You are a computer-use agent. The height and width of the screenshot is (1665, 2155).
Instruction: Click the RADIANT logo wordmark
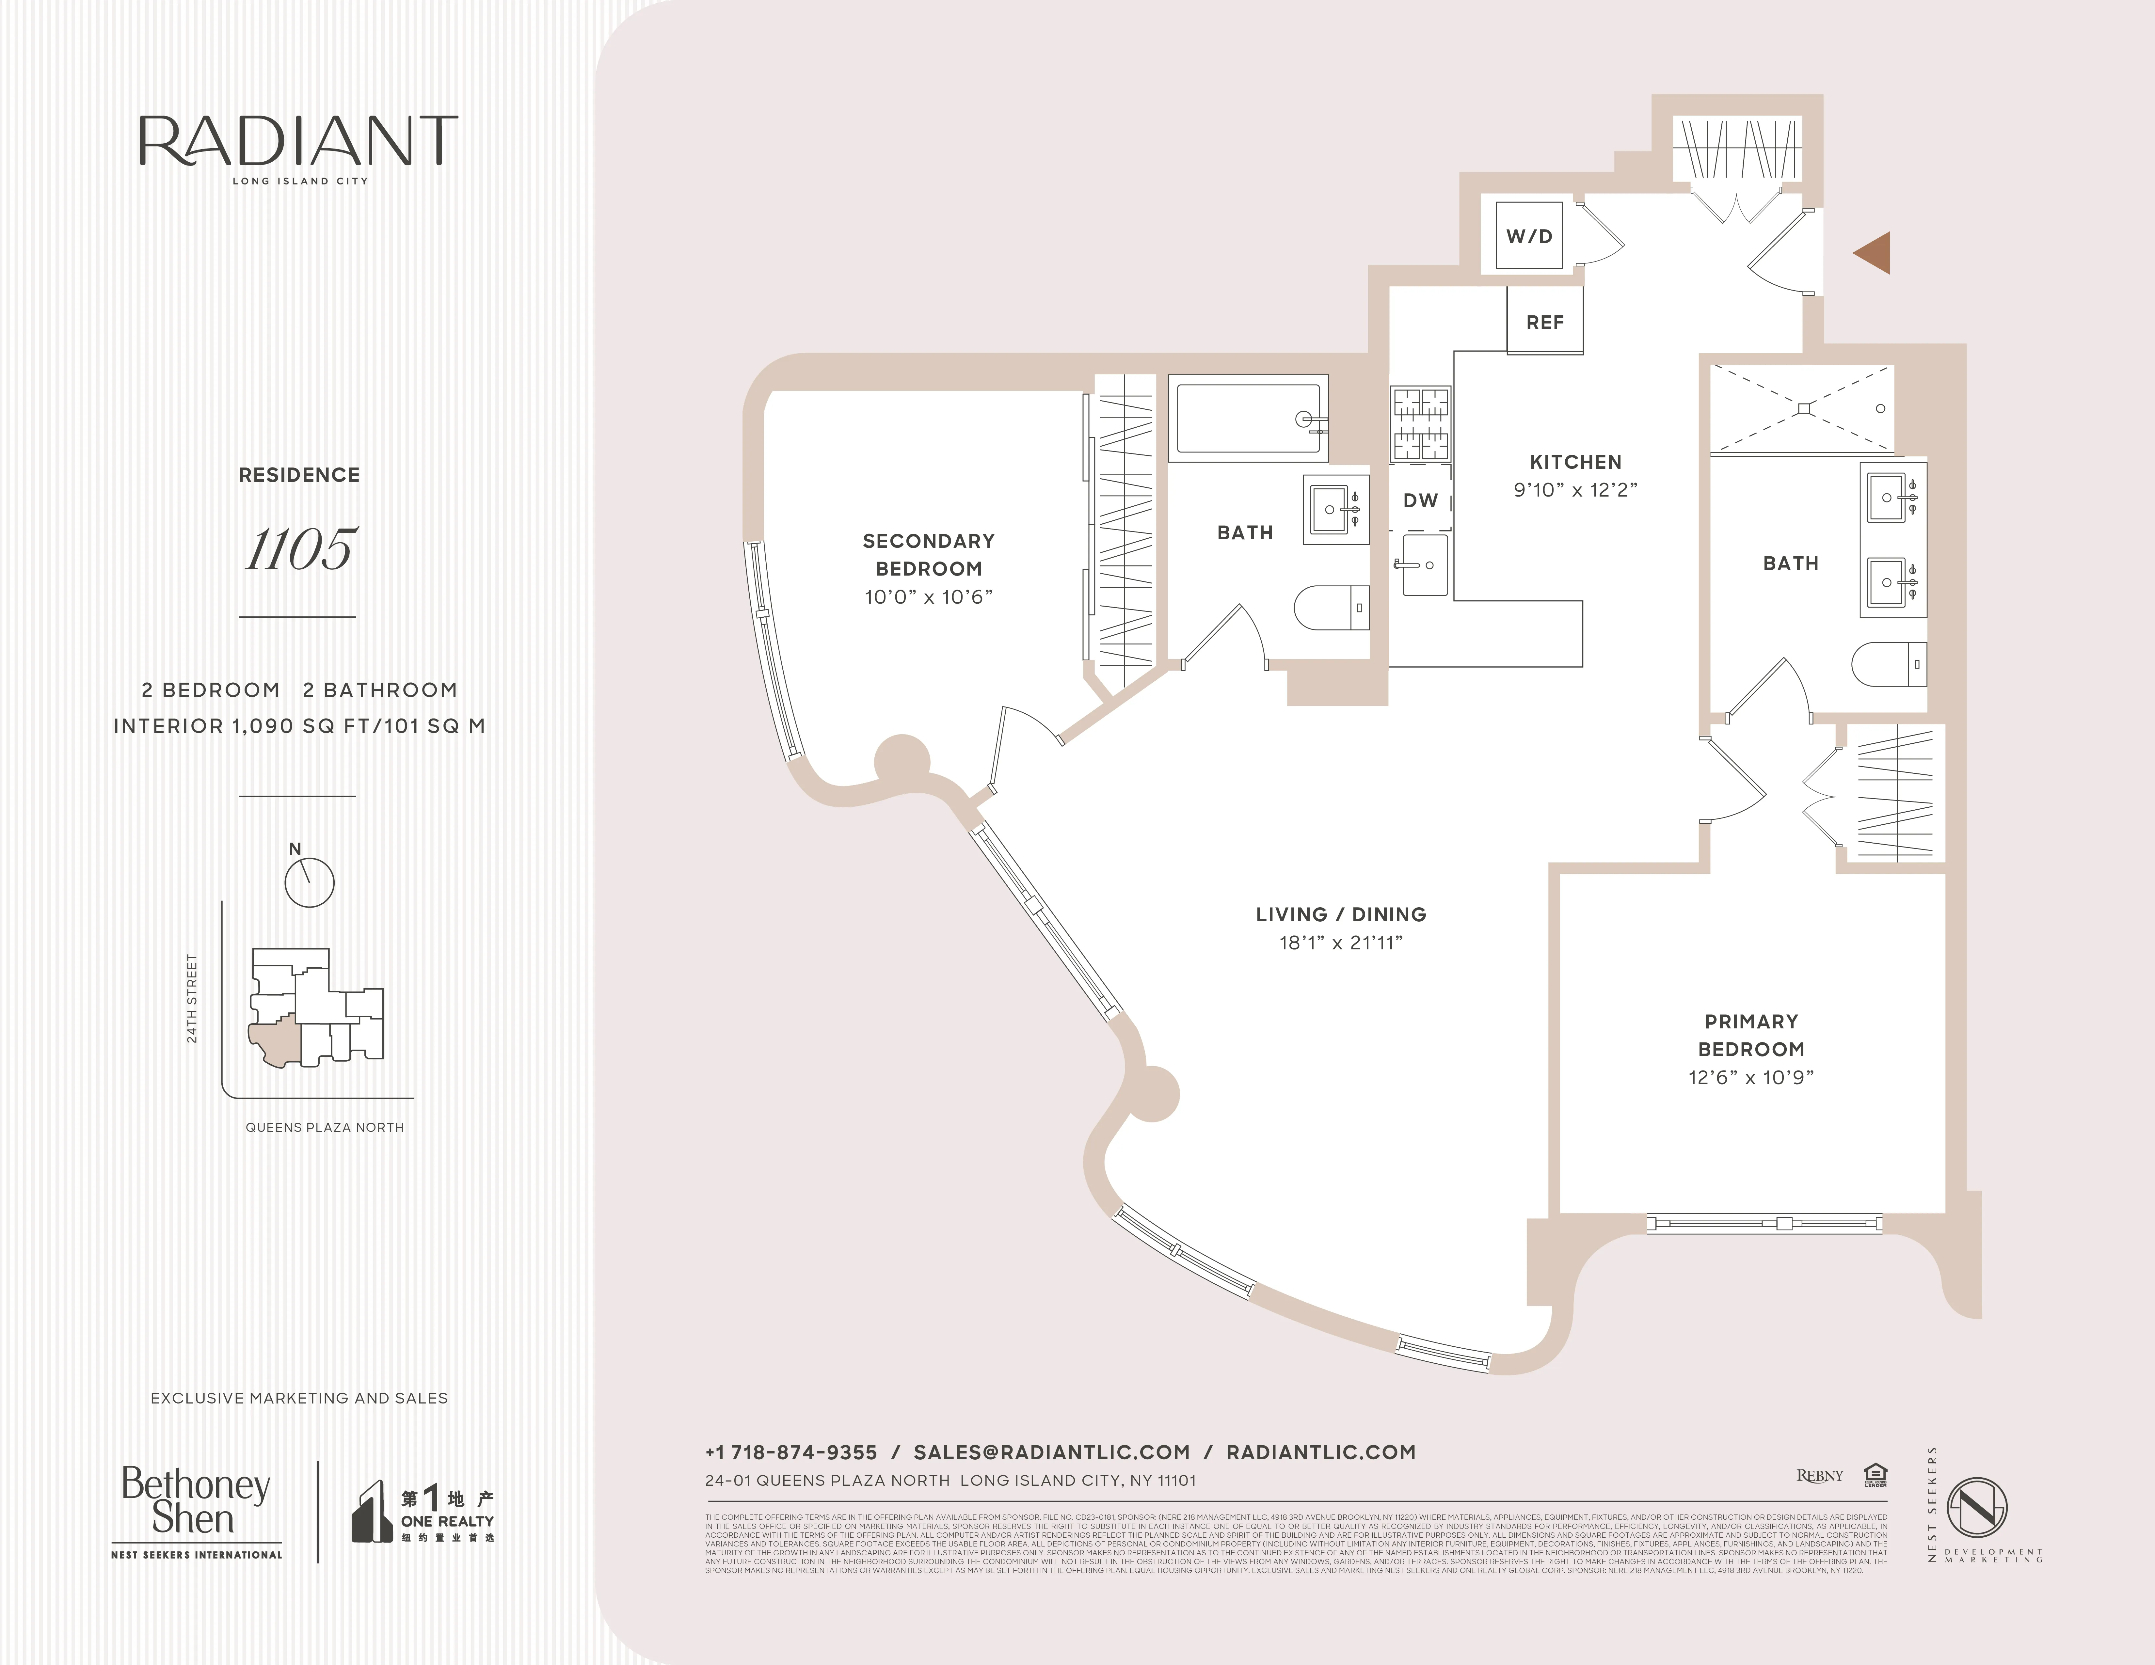coord(298,141)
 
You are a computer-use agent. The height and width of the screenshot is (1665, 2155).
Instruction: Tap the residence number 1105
coord(299,549)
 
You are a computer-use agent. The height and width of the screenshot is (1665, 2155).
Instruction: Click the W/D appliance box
coord(1528,236)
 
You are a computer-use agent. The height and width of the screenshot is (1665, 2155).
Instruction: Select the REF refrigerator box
coord(1544,322)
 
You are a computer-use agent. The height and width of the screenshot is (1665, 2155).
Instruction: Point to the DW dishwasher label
coord(1420,500)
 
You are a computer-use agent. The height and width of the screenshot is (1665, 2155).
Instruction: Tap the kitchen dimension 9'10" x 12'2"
coord(1575,489)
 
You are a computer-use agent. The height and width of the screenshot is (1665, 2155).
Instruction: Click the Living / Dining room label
coord(1340,914)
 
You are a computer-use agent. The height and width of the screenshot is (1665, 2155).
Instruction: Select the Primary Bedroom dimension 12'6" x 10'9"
coord(1750,1077)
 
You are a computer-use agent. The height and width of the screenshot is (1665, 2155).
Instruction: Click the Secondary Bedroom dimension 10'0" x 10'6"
coord(928,597)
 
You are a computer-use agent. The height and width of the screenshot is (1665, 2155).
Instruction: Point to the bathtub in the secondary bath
coord(1248,418)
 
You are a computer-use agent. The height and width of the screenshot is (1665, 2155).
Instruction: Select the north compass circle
coord(309,882)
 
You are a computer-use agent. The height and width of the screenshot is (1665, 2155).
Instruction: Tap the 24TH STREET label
coord(192,998)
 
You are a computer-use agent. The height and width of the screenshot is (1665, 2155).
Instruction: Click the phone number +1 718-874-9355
coord(790,1452)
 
